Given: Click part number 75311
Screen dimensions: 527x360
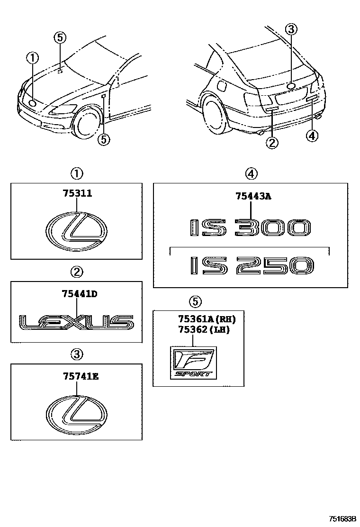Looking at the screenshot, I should tap(77, 193).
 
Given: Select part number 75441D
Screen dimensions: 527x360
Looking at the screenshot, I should tap(79, 294).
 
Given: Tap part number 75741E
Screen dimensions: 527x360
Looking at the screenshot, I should tap(79, 377).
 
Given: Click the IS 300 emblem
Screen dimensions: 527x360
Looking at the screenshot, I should tap(250, 228).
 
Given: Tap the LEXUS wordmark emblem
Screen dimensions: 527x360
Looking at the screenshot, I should tap(76, 323).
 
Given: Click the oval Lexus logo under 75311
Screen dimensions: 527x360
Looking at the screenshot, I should tap(77, 231).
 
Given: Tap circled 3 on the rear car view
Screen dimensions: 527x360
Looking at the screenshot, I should tap(291, 30).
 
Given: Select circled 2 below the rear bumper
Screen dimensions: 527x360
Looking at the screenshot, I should tap(271, 142).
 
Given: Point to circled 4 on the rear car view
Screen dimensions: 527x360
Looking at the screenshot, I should tap(312, 136).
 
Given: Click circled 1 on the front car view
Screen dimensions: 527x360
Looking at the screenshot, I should tap(32, 59).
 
